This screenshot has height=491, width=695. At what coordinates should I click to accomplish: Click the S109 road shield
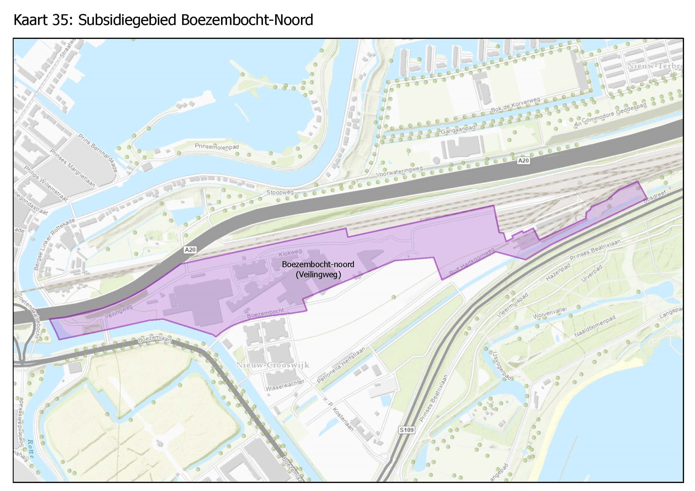(x=406, y=430)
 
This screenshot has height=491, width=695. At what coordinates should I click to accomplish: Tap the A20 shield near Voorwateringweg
(x=523, y=161)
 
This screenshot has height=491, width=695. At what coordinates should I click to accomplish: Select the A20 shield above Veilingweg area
(x=190, y=250)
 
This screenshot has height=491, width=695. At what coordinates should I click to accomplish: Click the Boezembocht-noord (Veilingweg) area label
(x=318, y=269)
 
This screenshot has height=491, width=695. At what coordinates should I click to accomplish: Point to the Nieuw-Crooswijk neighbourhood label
(x=272, y=365)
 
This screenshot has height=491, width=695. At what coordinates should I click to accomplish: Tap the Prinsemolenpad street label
(x=216, y=147)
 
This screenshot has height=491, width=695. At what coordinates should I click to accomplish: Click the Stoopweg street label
(x=280, y=192)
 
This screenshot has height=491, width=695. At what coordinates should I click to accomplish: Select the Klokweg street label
(x=290, y=253)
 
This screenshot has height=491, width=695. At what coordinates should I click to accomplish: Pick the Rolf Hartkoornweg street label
(x=472, y=261)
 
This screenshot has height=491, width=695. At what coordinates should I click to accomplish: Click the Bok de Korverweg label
(x=515, y=105)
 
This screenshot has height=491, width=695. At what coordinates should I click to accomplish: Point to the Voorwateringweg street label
(x=399, y=172)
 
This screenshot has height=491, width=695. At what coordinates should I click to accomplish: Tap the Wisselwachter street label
(x=285, y=385)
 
